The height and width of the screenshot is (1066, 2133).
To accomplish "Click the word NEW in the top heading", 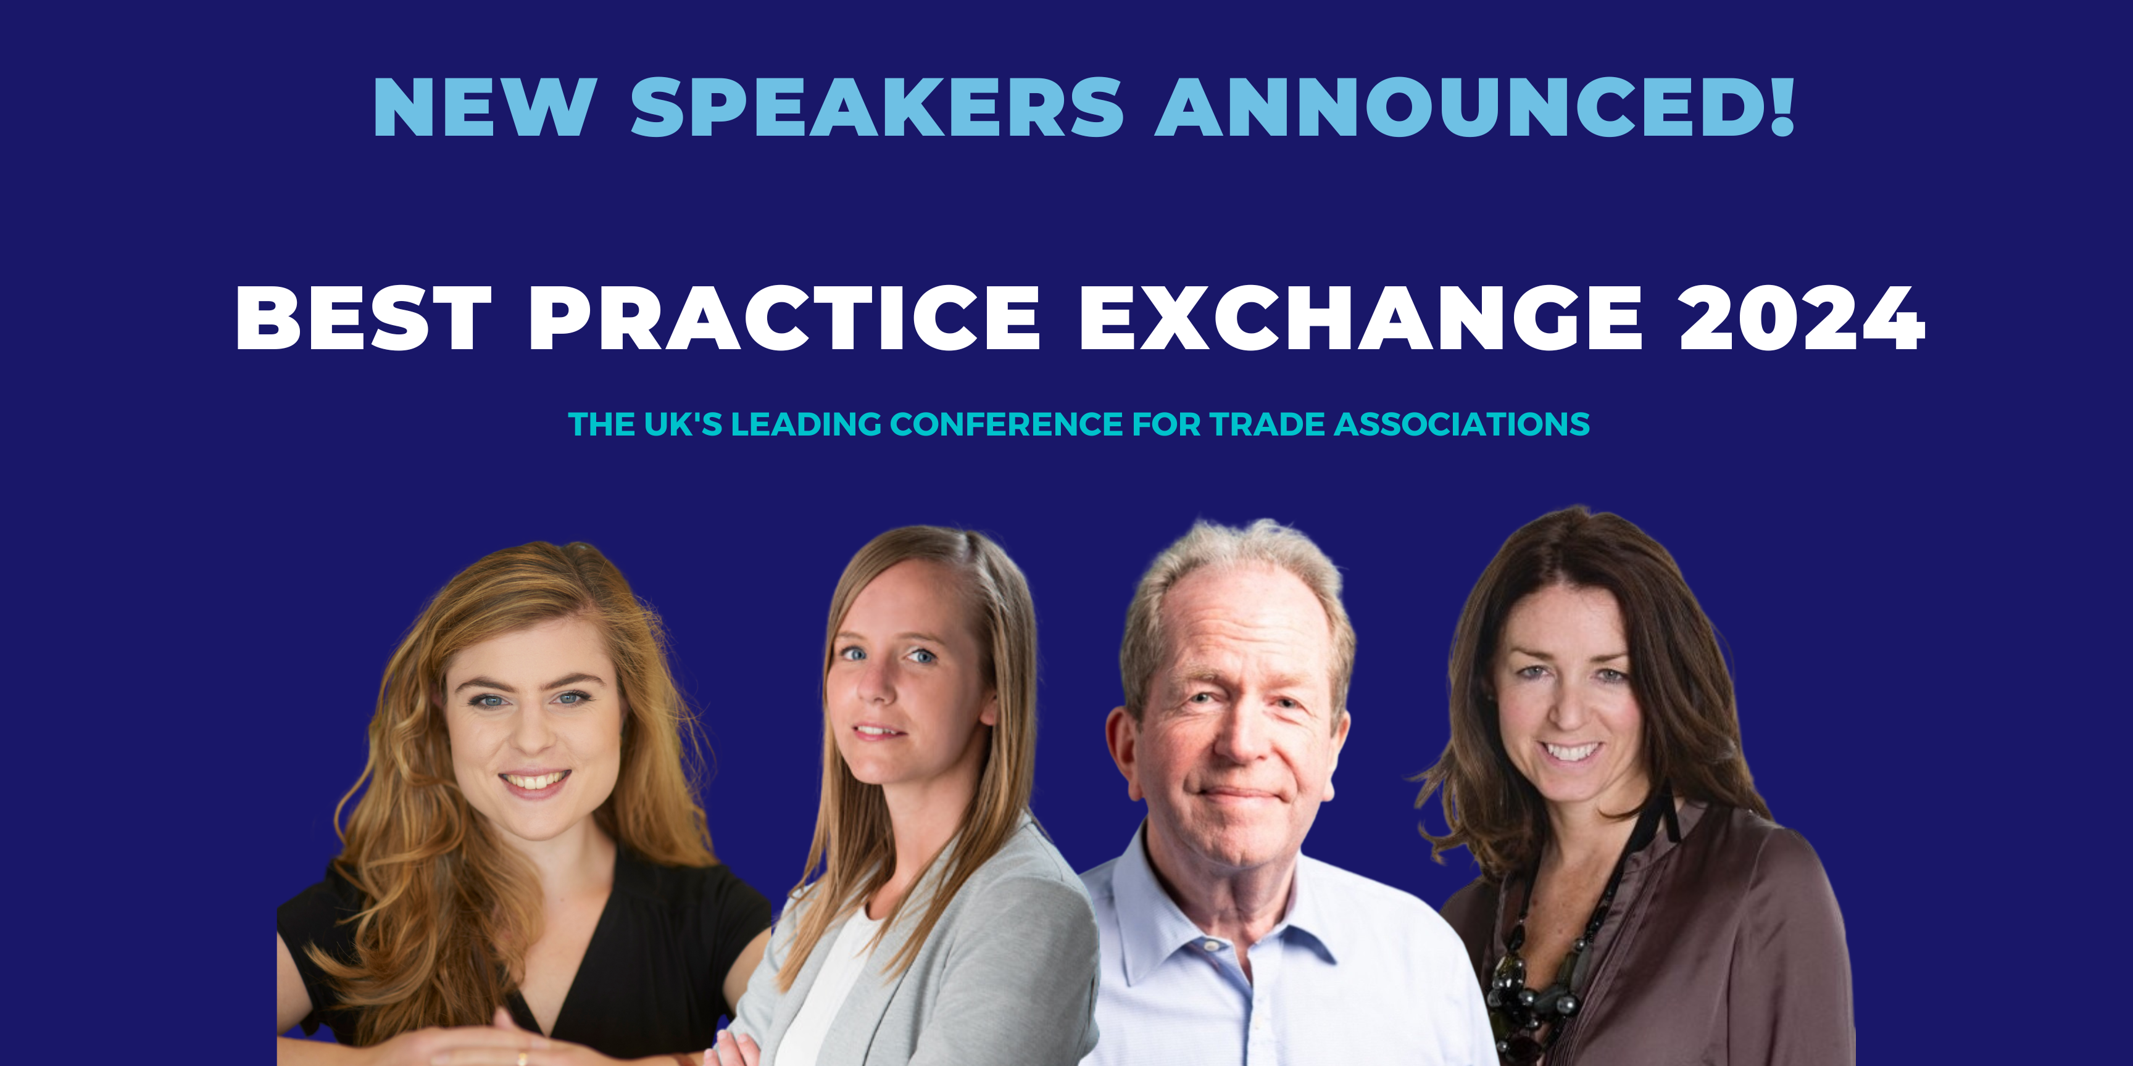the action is coord(485,107).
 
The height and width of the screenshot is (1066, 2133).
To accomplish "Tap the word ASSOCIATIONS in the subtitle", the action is coord(1462,424).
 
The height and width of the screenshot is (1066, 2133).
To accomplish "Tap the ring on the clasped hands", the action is coord(522,1057).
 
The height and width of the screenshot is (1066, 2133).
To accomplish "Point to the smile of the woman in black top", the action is coord(536,781).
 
